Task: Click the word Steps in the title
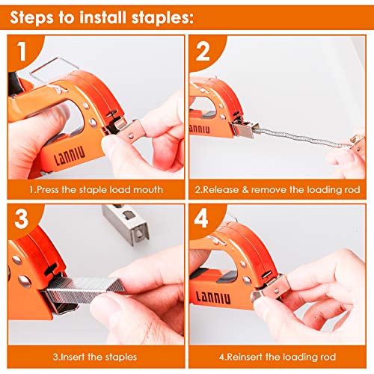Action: click(37, 16)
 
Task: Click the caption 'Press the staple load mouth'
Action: click(96, 190)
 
